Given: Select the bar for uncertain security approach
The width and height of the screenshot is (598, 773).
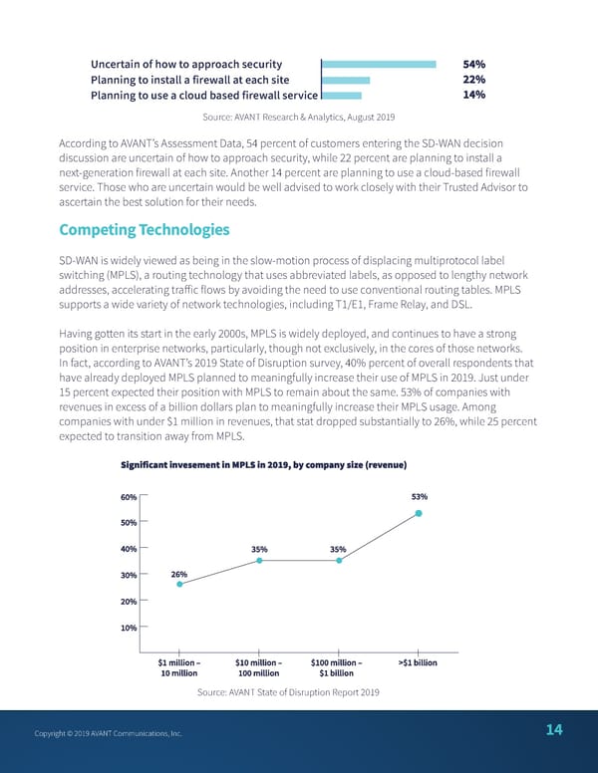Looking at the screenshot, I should click(x=380, y=64).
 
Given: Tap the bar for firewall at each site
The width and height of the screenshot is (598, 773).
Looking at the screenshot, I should click(x=346, y=80).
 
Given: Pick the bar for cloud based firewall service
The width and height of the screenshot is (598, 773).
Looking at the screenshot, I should click(x=342, y=96).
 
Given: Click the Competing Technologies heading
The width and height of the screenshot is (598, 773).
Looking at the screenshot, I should click(x=145, y=230).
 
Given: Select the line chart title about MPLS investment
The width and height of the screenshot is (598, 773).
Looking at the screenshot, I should click(x=263, y=465).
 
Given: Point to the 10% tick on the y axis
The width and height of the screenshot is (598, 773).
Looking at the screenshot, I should click(x=129, y=627).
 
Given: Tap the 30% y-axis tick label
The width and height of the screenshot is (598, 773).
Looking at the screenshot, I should click(x=129, y=575).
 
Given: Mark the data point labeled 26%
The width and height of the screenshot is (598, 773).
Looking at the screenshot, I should click(x=179, y=584).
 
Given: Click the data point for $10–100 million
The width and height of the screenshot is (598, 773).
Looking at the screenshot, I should click(x=259, y=561).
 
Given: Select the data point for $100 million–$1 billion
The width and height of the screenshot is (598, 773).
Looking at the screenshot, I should click(x=339, y=561).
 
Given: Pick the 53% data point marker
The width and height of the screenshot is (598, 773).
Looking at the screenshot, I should click(x=419, y=513).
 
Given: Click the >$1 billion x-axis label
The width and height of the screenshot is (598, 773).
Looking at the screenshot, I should click(x=418, y=662).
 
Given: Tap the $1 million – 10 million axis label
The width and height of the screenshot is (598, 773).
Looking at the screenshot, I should click(x=179, y=667).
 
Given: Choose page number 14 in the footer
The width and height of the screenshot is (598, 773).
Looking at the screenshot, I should click(x=554, y=730).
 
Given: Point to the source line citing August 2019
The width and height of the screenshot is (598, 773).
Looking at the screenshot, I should click(x=299, y=118).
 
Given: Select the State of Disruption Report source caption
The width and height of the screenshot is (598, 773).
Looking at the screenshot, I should click(x=288, y=692).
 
